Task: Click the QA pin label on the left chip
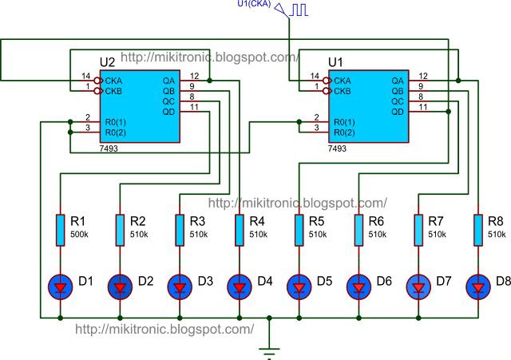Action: [168, 81]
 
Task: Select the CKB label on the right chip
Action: [342, 91]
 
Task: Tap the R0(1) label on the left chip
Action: [116, 122]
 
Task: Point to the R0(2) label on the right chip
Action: [345, 133]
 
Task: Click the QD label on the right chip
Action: [398, 112]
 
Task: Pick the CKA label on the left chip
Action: [113, 81]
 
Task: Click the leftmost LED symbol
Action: [61, 285]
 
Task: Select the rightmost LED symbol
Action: [478, 285]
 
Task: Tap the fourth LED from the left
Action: [240, 285]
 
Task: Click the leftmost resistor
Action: [61, 230]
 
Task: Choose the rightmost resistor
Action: [478, 230]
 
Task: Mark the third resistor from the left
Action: [180, 230]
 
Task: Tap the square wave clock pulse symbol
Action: [299, 10]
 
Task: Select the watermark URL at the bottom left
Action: [164, 329]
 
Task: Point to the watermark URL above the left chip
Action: [210, 57]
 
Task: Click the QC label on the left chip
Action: [168, 101]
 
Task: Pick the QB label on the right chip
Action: [398, 91]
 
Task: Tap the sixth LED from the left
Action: [358, 285]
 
